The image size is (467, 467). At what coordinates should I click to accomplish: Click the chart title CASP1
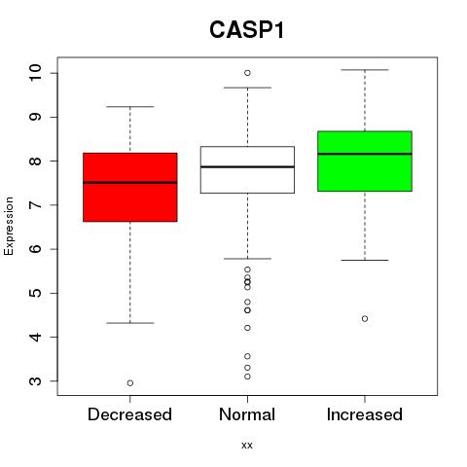(x=247, y=30)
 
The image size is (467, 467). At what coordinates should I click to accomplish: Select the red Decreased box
(x=130, y=187)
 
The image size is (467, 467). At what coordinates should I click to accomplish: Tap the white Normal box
(x=247, y=169)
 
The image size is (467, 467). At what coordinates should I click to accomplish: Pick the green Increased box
(x=365, y=162)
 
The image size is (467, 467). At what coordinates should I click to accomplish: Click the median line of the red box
(x=130, y=183)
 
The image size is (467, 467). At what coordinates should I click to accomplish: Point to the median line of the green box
(x=365, y=154)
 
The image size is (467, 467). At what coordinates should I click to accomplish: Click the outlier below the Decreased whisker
(x=130, y=383)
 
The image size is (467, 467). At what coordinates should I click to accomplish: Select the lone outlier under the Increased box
(x=365, y=319)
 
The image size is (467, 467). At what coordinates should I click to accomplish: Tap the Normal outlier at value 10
(x=247, y=73)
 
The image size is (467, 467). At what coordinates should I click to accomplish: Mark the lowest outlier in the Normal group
(x=247, y=377)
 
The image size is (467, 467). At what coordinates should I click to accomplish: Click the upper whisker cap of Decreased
(x=130, y=106)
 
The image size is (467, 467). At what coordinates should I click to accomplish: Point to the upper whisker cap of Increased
(x=365, y=70)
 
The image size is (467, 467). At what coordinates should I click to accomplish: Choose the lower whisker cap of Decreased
(x=130, y=323)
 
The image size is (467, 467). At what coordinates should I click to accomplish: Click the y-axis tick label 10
(x=35, y=73)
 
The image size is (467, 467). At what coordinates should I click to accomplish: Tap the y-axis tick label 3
(x=35, y=381)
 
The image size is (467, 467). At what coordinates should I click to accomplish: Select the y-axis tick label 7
(x=35, y=205)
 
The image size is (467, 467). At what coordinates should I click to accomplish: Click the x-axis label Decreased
(x=129, y=414)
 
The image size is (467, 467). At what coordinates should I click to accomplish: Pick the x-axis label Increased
(x=365, y=414)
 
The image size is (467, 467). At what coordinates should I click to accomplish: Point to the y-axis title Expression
(x=9, y=226)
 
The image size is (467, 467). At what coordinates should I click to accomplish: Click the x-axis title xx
(x=247, y=446)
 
